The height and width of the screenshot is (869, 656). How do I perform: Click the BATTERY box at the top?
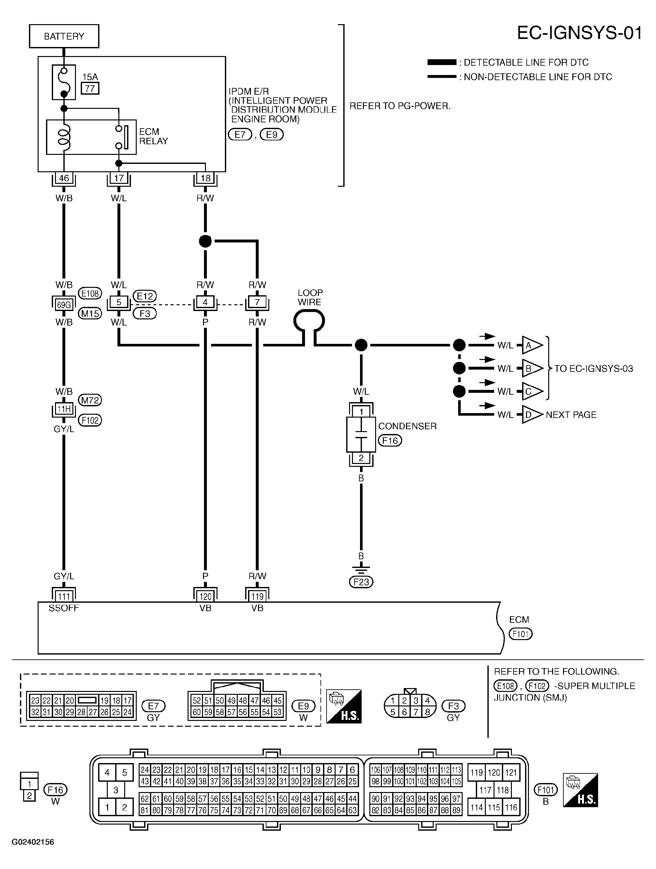(x=64, y=36)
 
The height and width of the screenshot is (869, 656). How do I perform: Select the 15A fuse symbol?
(x=64, y=82)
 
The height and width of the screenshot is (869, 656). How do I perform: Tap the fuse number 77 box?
(x=90, y=89)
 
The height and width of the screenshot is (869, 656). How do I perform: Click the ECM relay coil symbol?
(x=64, y=137)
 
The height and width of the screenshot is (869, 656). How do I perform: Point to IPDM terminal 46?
(x=64, y=178)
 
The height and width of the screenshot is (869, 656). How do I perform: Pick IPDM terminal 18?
(x=205, y=178)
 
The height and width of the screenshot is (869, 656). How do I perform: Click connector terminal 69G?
(x=64, y=305)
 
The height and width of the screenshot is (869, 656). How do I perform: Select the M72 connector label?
(x=90, y=400)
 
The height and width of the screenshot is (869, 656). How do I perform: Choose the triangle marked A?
(x=531, y=345)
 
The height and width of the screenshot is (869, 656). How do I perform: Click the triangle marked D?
(x=531, y=415)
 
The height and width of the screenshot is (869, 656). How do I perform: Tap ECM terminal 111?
(x=64, y=597)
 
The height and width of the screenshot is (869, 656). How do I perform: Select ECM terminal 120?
(x=205, y=597)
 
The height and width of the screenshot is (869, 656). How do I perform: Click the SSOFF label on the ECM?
(x=64, y=608)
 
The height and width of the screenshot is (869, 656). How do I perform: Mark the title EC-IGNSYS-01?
(x=579, y=33)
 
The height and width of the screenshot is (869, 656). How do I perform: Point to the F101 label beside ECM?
(x=520, y=634)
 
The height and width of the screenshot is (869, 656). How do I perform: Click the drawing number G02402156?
(x=33, y=842)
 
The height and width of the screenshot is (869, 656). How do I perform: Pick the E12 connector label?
(x=145, y=296)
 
